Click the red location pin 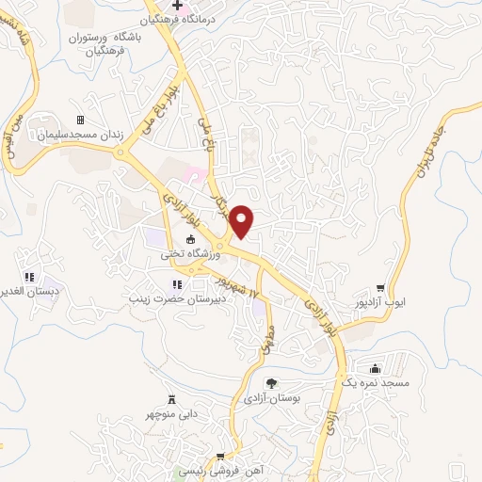click(x=243, y=220)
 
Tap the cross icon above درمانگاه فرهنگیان click(x=178, y=6)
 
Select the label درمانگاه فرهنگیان click(x=178, y=19)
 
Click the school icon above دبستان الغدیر click(x=29, y=277)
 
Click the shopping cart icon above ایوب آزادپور click(x=380, y=288)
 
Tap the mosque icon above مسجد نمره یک click(x=376, y=368)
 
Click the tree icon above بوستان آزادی click(x=270, y=382)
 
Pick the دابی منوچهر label click(x=170, y=412)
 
